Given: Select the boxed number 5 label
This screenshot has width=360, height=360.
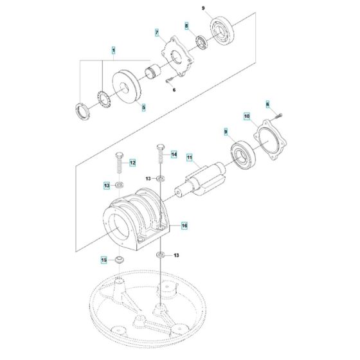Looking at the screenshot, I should pyautogui.click(x=143, y=107).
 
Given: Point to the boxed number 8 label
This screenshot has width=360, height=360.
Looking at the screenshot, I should pyautogui.click(x=186, y=26).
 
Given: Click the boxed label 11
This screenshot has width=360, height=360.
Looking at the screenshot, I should pyautogui.click(x=190, y=157).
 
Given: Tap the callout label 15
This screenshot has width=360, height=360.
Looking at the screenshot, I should pyautogui.click(x=103, y=260).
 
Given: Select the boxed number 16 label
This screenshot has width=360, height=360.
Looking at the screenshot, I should pyautogui.click(x=184, y=226).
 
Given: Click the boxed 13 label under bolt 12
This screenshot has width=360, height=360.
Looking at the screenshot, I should pyautogui.click(x=107, y=186).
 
